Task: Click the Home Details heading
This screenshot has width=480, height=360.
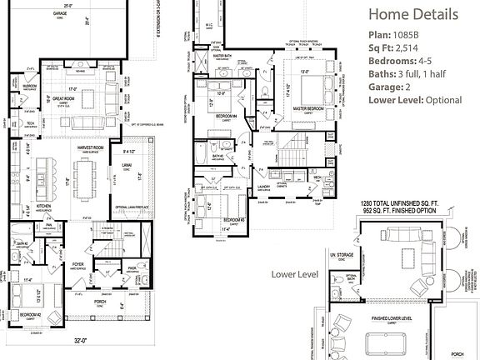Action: (413, 15)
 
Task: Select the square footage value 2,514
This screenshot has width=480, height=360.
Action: (415, 51)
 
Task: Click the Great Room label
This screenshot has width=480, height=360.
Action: (64, 98)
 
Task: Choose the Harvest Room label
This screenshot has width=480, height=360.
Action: (92, 148)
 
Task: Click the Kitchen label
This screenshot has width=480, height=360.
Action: (42, 205)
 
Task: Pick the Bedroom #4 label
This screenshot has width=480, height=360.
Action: (223, 115)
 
